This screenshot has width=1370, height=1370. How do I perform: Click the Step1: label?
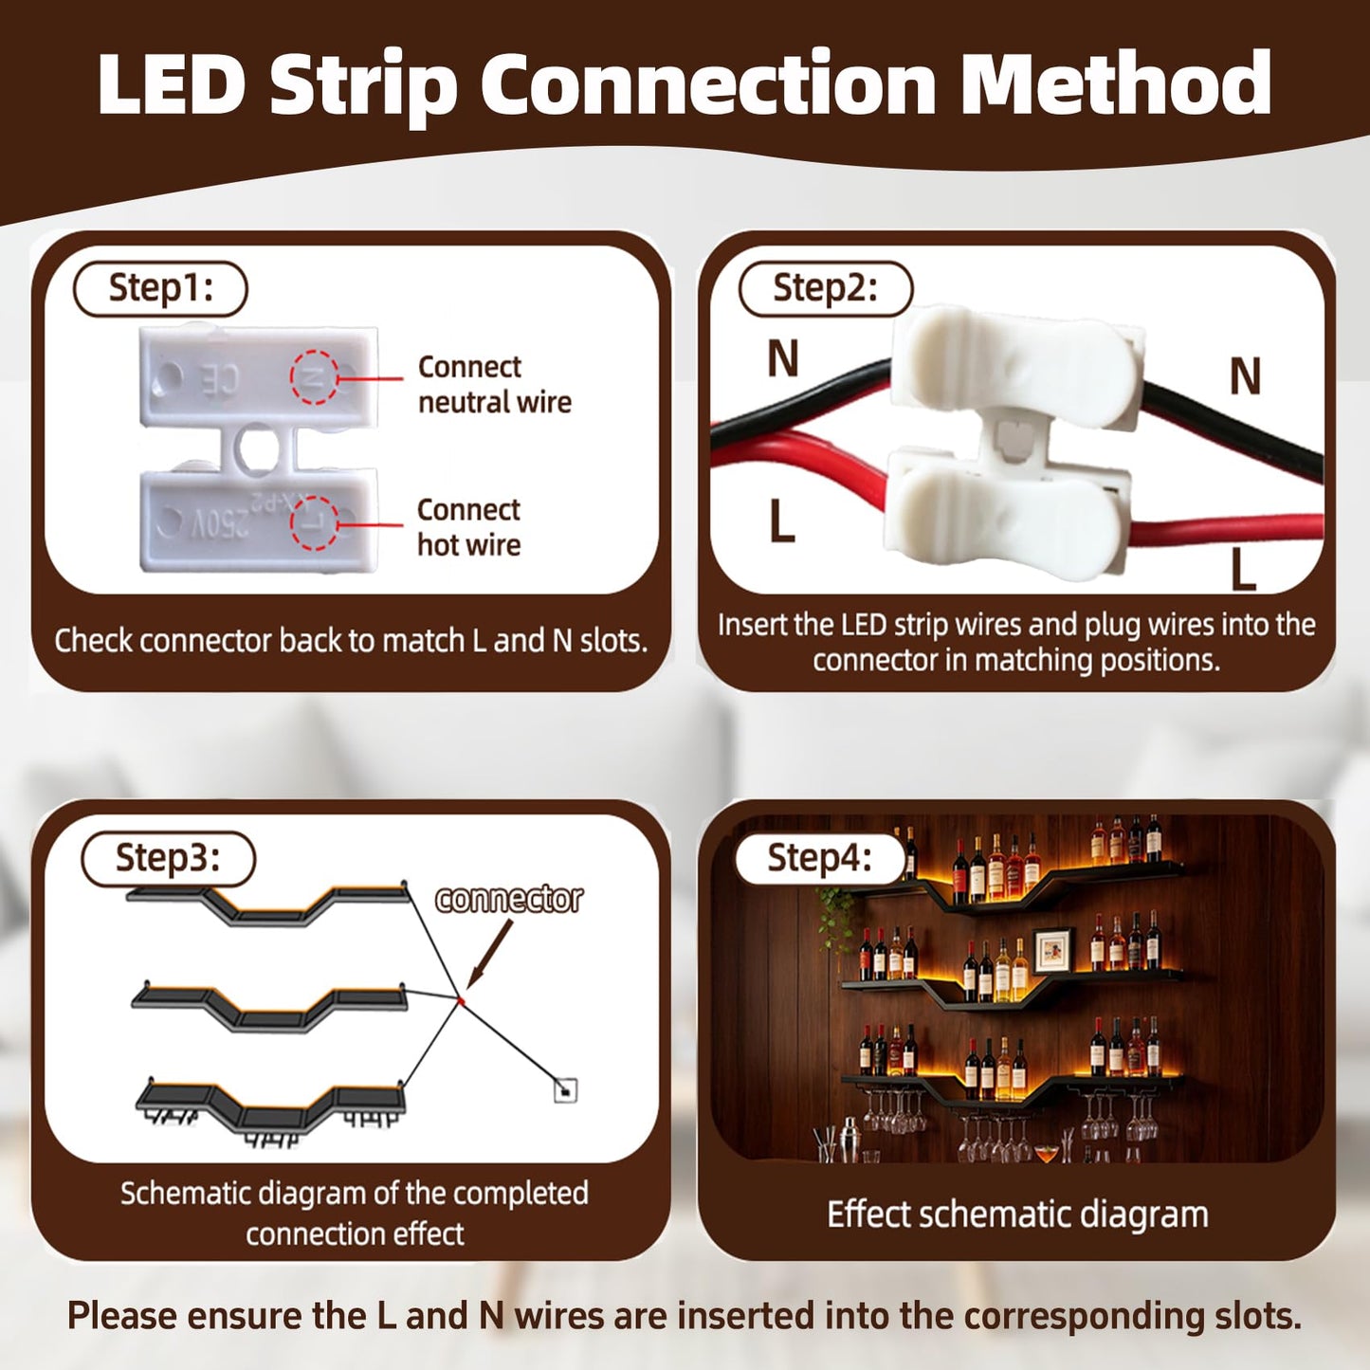point(160,288)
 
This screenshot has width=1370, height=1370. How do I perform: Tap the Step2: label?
point(826,288)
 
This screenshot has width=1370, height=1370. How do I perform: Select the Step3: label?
point(169,858)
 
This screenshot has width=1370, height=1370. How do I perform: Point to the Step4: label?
point(820,858)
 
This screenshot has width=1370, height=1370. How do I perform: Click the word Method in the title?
point(1116,83)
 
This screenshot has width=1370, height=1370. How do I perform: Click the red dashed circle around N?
point(314,376)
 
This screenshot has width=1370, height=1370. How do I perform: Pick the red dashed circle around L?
point(314,522)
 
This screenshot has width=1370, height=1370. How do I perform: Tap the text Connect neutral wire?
point(495,385)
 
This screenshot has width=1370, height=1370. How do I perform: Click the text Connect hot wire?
point(469,527)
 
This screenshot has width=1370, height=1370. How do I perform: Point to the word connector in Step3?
point(509,900)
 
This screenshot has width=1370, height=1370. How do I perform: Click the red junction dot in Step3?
point(462,1001)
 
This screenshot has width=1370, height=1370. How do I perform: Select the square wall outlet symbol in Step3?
point(565,1090)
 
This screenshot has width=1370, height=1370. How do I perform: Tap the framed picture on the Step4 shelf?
point(1053,951)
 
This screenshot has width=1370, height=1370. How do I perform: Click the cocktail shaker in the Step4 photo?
point(848,1141)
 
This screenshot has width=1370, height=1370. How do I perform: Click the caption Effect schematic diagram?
point(1017,1215)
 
